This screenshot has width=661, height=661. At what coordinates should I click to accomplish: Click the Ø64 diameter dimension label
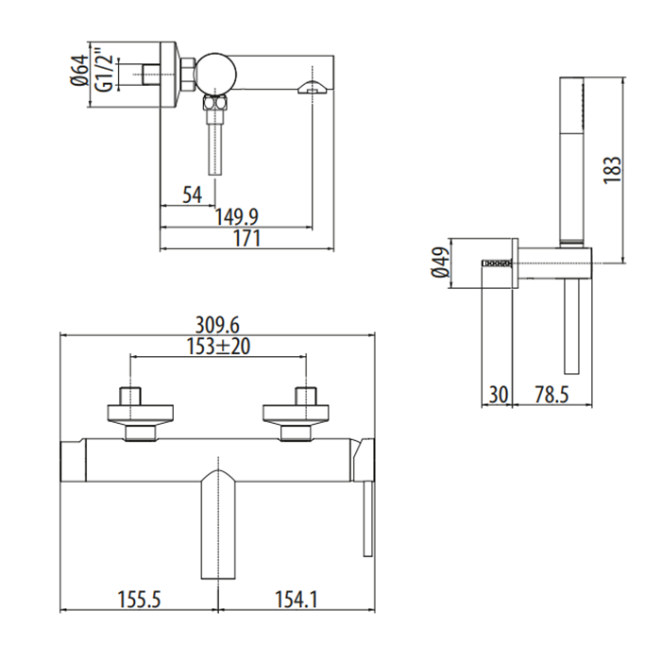80,70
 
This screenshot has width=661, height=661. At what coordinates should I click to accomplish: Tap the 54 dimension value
193,195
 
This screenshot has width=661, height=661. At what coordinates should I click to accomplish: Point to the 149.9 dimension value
236,217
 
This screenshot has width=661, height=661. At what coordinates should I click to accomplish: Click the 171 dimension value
247,239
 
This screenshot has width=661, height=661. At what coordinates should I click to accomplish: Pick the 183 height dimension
613,169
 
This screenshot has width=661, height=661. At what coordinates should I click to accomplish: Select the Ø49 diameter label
440,263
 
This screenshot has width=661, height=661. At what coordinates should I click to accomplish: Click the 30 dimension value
499,395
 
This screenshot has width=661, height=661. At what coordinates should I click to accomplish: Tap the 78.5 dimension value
551,395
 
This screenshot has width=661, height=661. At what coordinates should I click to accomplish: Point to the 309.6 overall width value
217,325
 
